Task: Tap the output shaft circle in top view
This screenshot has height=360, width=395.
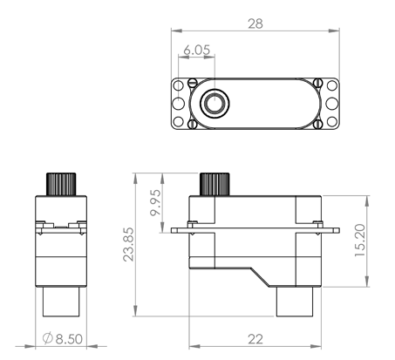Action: pyautogui.click(x=213, y=104)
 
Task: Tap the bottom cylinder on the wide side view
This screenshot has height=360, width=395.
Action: pyautogui.click(x=296, y=302)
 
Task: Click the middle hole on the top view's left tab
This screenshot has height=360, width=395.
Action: pyautogui.click(x=179, y=104)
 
